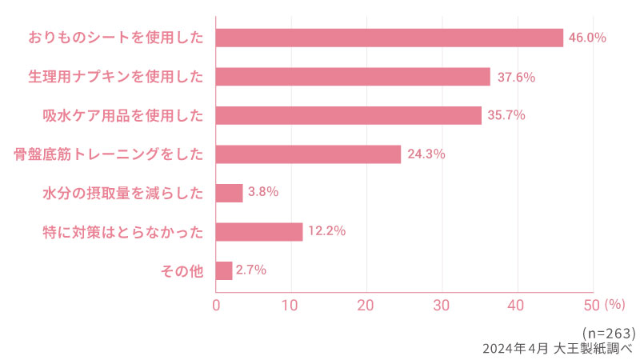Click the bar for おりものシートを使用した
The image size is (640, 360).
tap(390, 38)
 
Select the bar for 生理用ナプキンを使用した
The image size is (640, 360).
tap(353, 77)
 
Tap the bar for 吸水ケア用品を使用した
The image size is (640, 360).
tap(349, 115)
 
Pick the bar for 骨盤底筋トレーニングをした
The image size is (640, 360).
tap(308, 154)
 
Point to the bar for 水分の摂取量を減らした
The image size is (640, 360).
tap(230, 193)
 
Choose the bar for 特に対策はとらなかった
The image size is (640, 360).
tap(259, 232)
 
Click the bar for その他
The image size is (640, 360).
tap(224, 270)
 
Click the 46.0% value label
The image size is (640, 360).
tap(587, 38)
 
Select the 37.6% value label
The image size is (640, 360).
tap(516, 77)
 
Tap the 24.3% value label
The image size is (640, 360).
tap(426, 154)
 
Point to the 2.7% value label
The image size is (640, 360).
tap(251, 270)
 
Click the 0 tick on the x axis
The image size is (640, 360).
tap(216, 305)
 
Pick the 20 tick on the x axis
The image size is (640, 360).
tap(366, 305)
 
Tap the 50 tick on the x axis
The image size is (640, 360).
tap(592, 305)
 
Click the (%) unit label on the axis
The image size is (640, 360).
tap(614, 305)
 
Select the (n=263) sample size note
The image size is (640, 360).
tap(609, 332)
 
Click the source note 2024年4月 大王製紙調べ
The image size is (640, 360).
tap(557, 348)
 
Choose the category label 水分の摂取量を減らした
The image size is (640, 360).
tap(122, 193)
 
